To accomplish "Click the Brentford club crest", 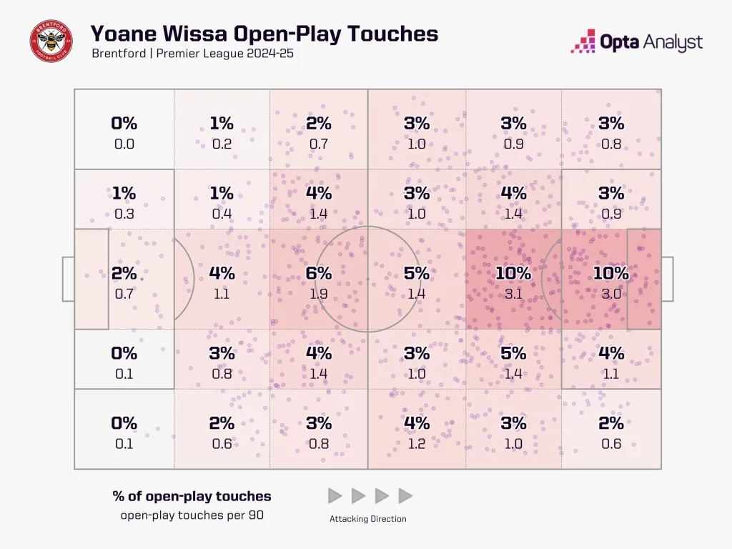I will [51, 41].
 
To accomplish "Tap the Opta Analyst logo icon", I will [583, 41].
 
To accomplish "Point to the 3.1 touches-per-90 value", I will [513, 293].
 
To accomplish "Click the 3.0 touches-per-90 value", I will [611, 293].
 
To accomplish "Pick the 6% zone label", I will [319, 273].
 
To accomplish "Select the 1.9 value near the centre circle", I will [319, 293].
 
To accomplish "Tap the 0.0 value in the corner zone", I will [124, 144].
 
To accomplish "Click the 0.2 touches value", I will [222, 144].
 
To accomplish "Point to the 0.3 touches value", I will [124, 213].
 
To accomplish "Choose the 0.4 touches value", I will [222, 213].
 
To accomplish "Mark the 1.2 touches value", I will [416, 443].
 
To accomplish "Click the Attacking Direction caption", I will [367, 519].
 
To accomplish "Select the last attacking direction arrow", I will [405, 495].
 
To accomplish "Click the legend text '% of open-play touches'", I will [192, 496].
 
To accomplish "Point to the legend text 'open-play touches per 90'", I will [192, 515].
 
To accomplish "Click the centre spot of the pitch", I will [367, 279].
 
